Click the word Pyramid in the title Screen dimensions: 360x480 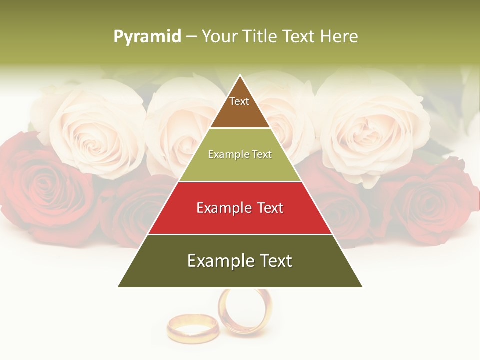point(147,37)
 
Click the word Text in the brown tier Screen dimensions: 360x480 point(239,101)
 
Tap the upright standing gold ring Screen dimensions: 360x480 point(245,312)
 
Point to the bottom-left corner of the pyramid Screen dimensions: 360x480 point(118,287)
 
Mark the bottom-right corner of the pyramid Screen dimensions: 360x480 point(362,287)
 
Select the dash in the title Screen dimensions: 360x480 point(191,37)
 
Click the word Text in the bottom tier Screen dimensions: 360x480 point(274,261)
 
